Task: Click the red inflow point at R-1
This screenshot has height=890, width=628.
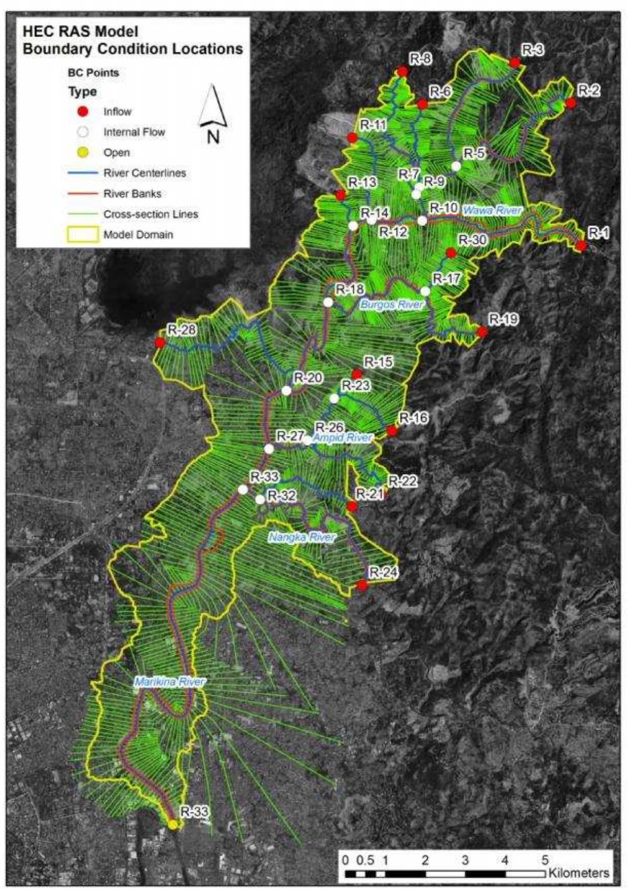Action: click(581, 245)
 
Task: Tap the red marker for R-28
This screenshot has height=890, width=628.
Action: click(160, 342)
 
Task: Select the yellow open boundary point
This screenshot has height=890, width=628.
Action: click(173, 824)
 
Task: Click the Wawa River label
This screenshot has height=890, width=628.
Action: click(492, 210)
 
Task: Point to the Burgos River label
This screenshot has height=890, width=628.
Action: click(392, 304)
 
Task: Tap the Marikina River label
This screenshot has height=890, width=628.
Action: click(170, 681)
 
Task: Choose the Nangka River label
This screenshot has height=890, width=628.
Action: click(302, 537)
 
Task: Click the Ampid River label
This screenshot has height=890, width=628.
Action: click(342, 438)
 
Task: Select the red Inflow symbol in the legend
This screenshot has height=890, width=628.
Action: click(82, 112)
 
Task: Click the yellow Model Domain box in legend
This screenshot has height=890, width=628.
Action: click(82, 235)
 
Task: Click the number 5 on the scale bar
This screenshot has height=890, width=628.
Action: click(545, 859)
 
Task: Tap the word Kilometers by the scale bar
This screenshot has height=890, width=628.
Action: click(579, 873)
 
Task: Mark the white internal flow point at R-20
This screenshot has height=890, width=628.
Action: click(286, 391)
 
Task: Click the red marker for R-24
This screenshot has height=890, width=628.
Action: click(362, 585)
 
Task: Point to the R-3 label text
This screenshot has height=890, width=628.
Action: click(533, 50)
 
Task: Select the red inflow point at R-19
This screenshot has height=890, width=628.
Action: click(482, 332)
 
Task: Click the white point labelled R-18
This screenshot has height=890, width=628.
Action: click(328, 302)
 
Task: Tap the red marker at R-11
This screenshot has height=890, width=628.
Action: click(352, 137)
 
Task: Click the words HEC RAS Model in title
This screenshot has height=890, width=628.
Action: click(80, 32)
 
